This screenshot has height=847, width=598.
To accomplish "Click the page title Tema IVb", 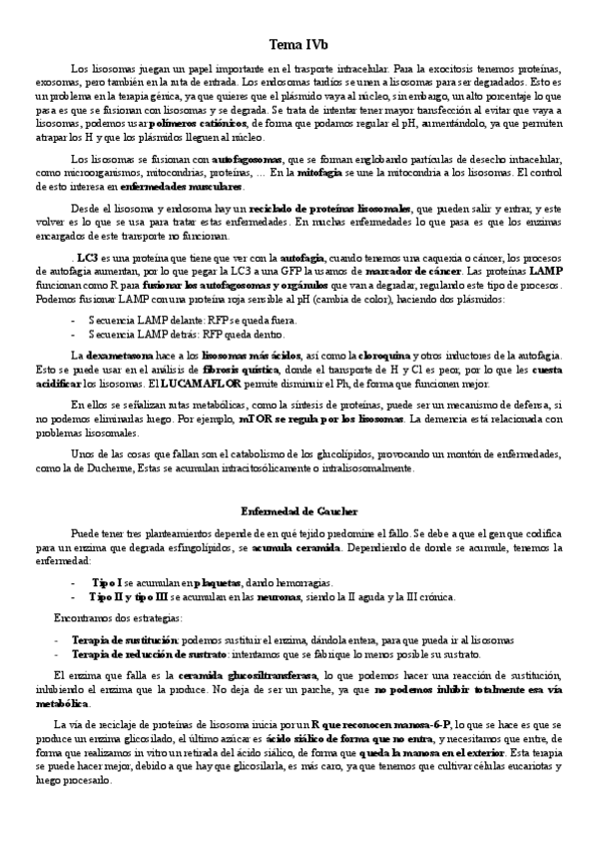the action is pyautogui.click(x=299, y=45).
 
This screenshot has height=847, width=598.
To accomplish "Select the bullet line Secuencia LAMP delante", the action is pyautogui.click(x=159, y=320).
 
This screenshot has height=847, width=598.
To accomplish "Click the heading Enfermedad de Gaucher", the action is pyautogui.click(x=299, y=511).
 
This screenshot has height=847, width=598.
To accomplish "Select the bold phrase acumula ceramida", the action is pyautogui.click(x=295, y=548).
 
